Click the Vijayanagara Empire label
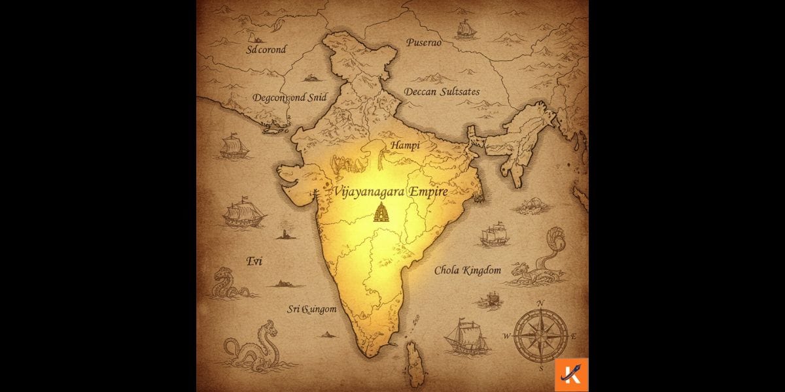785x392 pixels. pos(390,191)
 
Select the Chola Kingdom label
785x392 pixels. pos(468,270)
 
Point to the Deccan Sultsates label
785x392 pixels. pos(442,91)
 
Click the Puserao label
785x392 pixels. pos(424,42)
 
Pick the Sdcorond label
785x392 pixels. pos(266,50)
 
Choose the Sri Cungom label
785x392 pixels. pos(312,309)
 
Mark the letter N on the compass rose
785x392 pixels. pos(541,304)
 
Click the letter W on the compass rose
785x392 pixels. pos(506,336)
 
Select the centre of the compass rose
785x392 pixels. pos(540,336)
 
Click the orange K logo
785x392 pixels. pos(571,375)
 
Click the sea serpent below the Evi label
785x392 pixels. pos(228,286)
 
